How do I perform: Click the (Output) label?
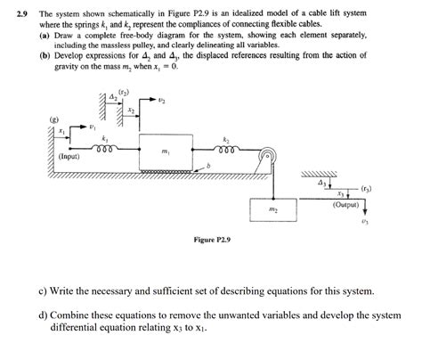tap(345, 204)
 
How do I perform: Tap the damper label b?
tap(208, 167)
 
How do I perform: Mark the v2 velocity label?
tap(160, 101)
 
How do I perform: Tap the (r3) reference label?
tap(367, 189)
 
